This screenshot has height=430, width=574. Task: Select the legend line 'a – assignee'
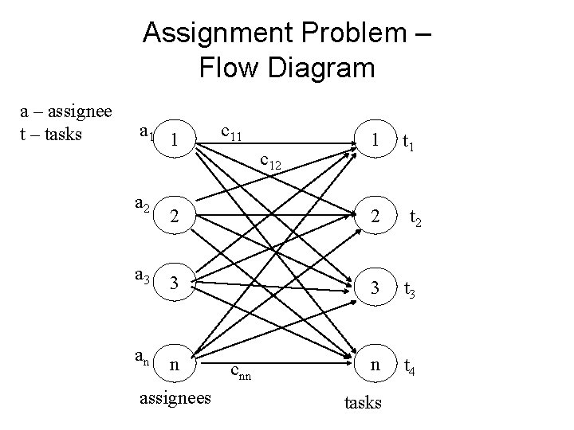(x=66, y=113)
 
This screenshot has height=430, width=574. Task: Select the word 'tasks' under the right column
(x=363, y=402)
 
